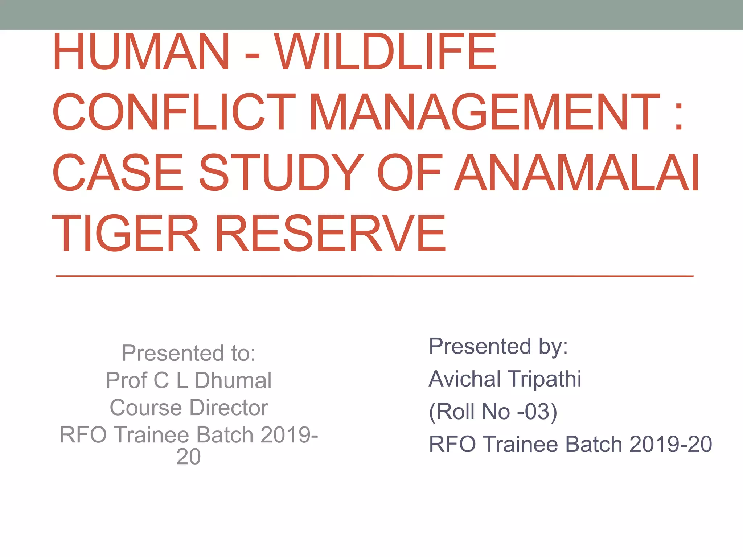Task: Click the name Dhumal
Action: point(233,380)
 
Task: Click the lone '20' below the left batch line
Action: point(188,457)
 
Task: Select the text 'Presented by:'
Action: point(498,346)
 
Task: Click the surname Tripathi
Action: point(544,379)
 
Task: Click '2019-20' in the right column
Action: point(670,444)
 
